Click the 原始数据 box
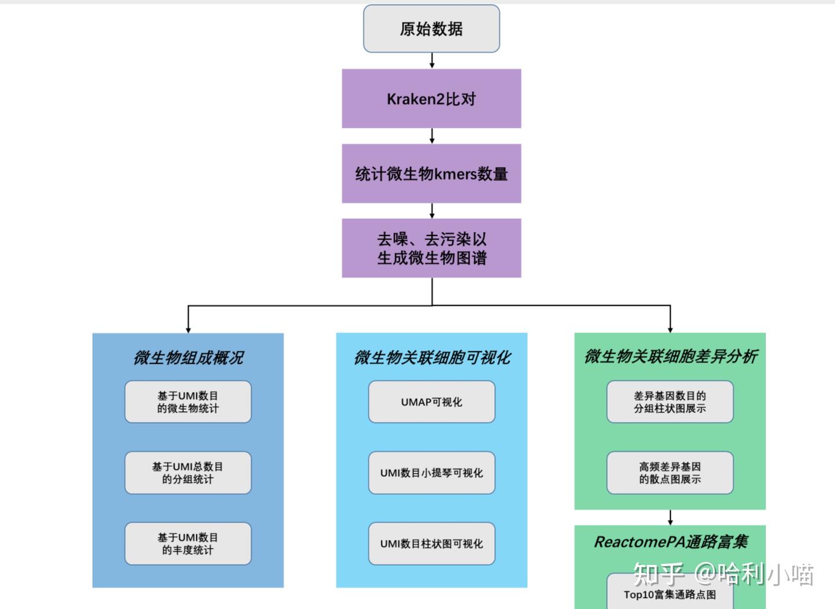pyautogui.click(x=431, y=29)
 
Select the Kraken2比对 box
pyautogui.click(x=431, y=99)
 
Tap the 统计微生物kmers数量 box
pyautogui.click(x=431, y=173)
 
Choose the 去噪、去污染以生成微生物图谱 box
pyautogui.click(x=431, y=248)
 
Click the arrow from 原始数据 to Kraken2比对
pyautogui.click(x=431, y=60)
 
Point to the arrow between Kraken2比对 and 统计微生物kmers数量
pyautogui.click(x=431, y=136)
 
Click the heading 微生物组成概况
pyautogui.click(x=188, y=358)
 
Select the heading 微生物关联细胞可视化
pyautogui.click(x=432, y=358)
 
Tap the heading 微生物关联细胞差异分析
pyautogui.click(x=670, y=357)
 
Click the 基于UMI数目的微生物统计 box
pyautogui.click(x=188, y=402)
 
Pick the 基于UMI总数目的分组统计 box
pyautogui.click(x=188, y=473)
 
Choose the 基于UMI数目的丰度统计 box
pyautogui.click(x=188, y=543)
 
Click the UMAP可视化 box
pyautogui.click(x=431, y=402)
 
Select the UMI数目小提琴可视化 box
pyautogui.click(x=431, y=473)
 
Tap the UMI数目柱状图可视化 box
pyautogui.click(x=431, y=543)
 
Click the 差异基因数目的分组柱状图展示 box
pyautogui.click(x=670, y=402)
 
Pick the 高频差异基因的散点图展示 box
pyautogui.click(x=670, y=473)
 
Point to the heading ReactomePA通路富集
pyautogui.click(x=670, y=542)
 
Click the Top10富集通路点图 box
pyautogui.click(x=670, y=594)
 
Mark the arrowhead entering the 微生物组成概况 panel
pyautogui.click(x=188, y=329)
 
